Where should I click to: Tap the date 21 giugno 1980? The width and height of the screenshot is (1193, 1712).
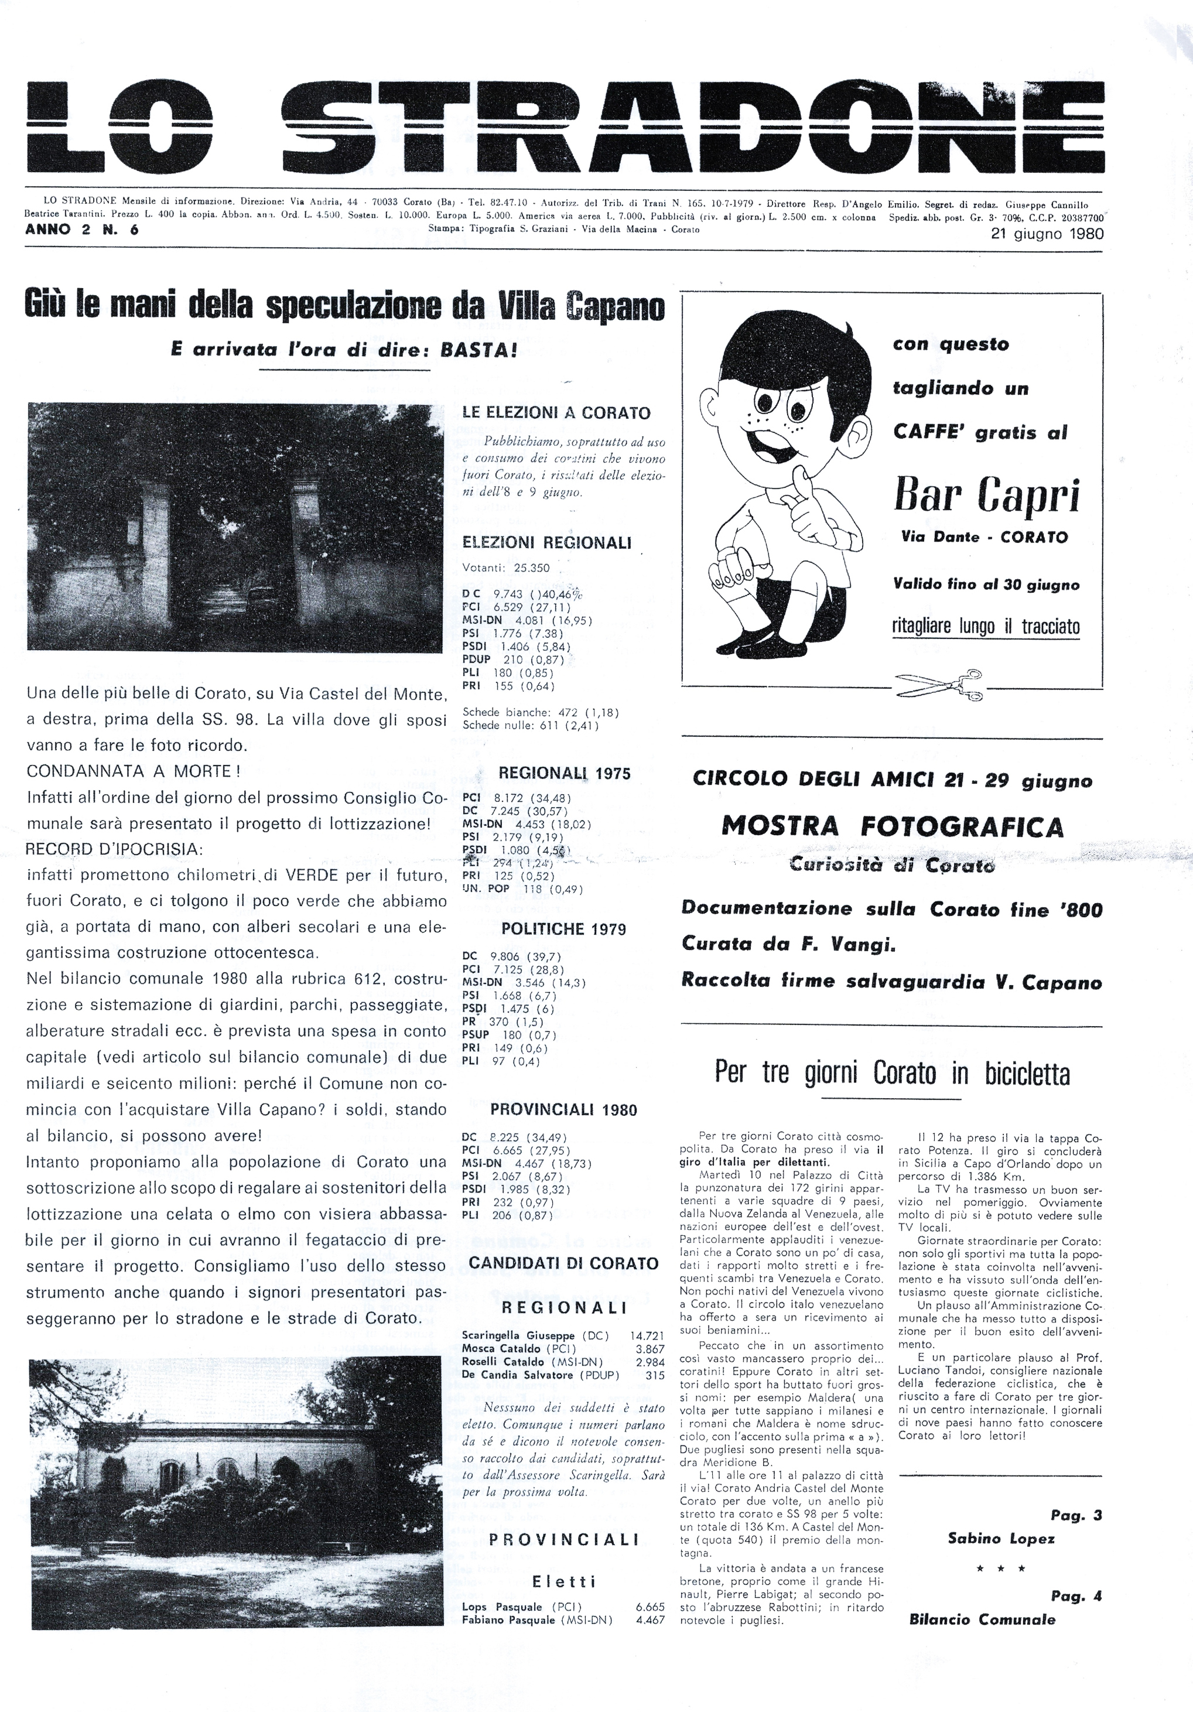tap(1047, 233)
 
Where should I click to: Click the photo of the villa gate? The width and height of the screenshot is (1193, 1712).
tap(235, 527)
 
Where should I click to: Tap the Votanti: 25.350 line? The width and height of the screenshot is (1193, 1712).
tap(505, 568)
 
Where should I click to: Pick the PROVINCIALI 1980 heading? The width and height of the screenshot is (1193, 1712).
tap(563, 1110)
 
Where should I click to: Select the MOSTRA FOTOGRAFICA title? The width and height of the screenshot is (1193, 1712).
tap(893, 826)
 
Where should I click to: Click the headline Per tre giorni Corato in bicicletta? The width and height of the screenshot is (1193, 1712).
tap(892, 1074)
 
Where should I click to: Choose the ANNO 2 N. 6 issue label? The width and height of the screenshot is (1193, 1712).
tap(82, 230)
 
